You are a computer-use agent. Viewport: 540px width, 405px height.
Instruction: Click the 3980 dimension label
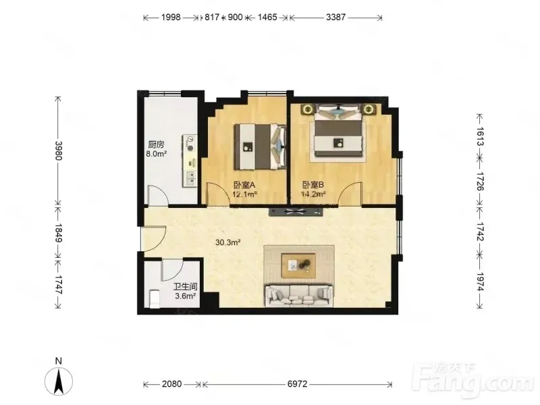(x=58, y=151)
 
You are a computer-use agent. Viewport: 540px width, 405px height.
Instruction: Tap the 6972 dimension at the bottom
(x=297, y=383)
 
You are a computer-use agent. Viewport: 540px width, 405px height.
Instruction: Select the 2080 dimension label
(x=171, y=383)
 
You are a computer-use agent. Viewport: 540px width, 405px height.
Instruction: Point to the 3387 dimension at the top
(x=335, y=17)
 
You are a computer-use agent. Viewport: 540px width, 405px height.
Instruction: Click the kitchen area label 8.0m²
(x=157, y=154)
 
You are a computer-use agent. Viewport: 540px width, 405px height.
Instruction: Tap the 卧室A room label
(x=244, y=185)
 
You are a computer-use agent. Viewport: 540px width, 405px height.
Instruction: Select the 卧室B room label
(x=313, y=185)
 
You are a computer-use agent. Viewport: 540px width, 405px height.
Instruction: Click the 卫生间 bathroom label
(x=185, y=286)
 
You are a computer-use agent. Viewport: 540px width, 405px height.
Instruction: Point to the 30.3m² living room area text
(x=227, y=242)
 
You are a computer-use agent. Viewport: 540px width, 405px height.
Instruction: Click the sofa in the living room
(x=299, y=296)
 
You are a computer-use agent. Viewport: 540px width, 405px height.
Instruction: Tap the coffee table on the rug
(x=298, y=265)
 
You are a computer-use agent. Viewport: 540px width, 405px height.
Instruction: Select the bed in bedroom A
(x=261, y=146)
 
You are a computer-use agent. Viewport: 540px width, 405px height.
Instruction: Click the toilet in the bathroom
(x=155, y=298)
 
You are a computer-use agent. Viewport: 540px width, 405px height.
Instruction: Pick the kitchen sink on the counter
(x=190, y=178)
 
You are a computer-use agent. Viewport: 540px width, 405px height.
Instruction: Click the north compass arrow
(x=59, y=381)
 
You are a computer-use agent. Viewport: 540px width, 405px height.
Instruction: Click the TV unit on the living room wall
(x=296, y=212)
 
